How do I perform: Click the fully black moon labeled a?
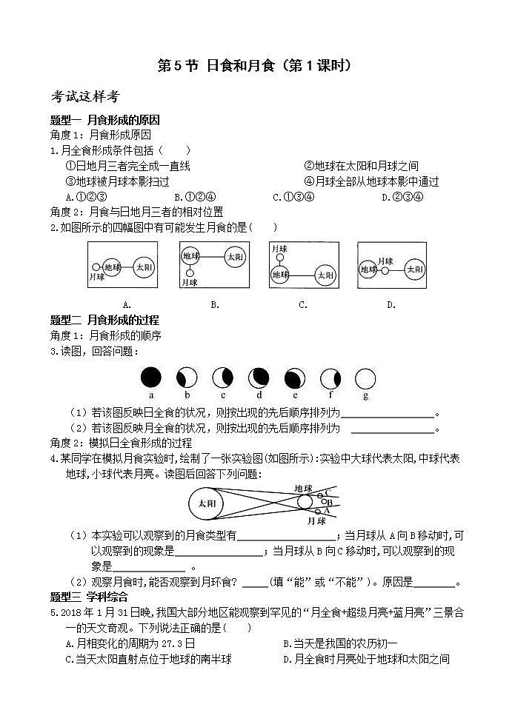[151, 378]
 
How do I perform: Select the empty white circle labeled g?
[364, 378]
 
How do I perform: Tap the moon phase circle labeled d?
[259, 378]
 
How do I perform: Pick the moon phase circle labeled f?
[330, 378]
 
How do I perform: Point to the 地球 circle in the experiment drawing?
[305, 502]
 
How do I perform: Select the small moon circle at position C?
[320, 494]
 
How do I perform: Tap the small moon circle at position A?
[319, 511]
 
